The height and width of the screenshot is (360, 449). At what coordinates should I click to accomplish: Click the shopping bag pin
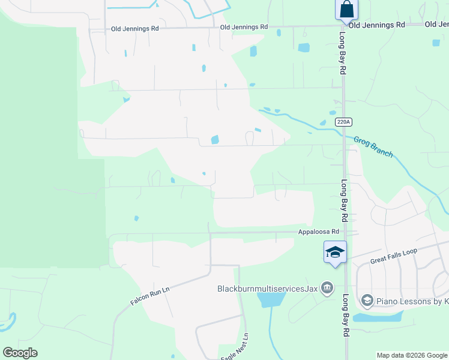click(x=346, y=10)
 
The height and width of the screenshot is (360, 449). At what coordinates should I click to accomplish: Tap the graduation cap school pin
click(x=335, y=252)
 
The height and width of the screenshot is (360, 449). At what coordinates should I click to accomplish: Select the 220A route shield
click(x=343, y=121)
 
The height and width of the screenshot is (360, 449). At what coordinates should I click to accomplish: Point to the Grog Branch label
click(x=373, y=146)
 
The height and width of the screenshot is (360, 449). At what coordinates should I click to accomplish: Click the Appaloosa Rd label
click(x=319, y=232)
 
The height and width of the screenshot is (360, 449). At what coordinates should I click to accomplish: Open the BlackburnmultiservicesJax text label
click(x=267, y=288)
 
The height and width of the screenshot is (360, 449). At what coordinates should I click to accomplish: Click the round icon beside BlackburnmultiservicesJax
click(x=327, y=289)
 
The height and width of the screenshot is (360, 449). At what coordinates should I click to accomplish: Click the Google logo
click(x=20, y=353)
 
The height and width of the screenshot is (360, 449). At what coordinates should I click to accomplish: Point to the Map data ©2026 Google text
click(x=412, y=355)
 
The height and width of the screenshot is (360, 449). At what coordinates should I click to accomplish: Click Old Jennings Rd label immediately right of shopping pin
click(x=376, y=25)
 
